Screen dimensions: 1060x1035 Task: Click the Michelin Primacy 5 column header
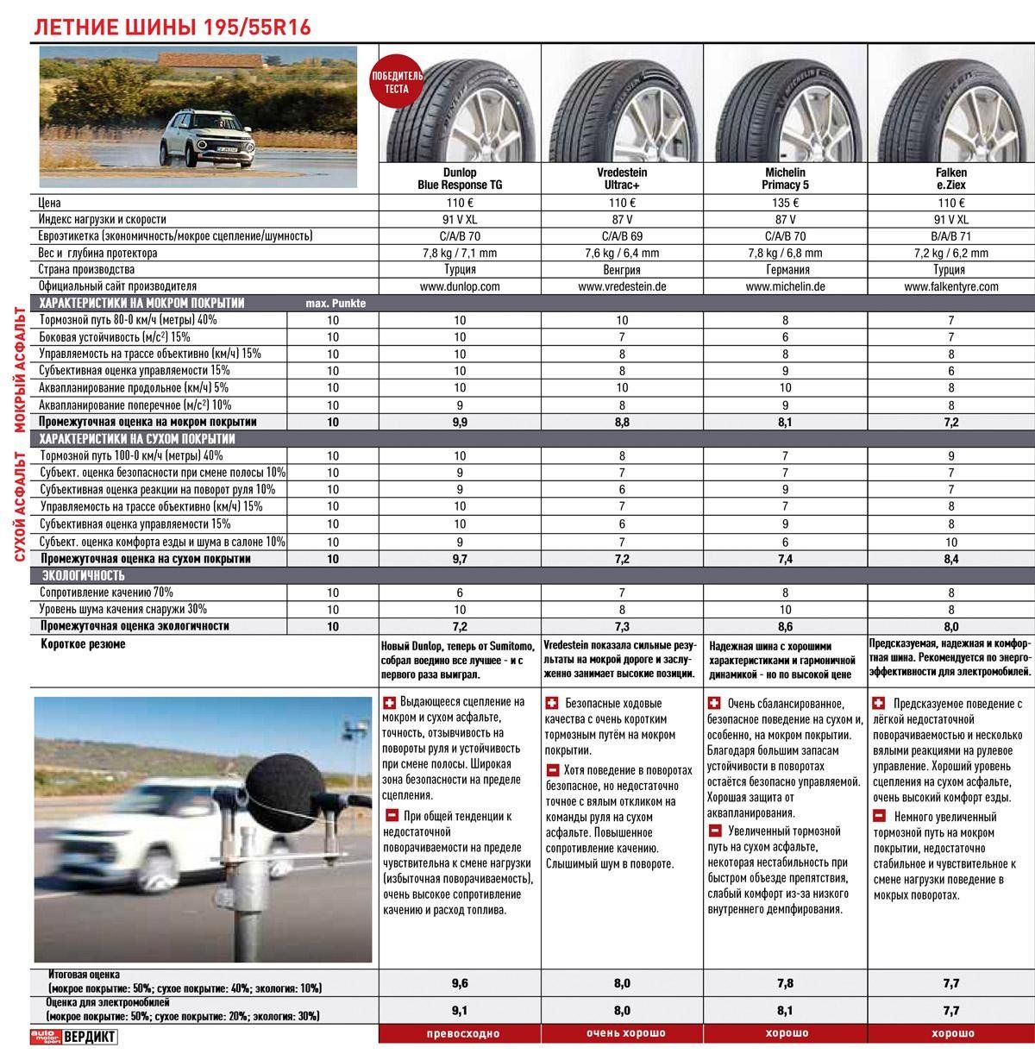[x=784, y=179]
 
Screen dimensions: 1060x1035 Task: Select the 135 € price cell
[x=784, y=204]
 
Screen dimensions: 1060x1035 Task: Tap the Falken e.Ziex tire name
[x=950, y=179]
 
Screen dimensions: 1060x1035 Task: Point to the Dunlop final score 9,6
[x=460, y=983]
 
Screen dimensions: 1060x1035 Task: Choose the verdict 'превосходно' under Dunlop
[x=460, y=1033]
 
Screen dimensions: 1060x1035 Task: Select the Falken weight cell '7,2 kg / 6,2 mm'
[x=950, y=254]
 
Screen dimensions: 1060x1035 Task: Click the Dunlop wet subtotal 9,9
[x=460, y=423]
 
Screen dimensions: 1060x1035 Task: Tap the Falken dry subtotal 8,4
[x=950, y=559]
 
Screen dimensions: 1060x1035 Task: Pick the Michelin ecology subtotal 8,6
[x=784, y=627]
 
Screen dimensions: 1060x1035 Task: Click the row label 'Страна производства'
[x=86, y=270]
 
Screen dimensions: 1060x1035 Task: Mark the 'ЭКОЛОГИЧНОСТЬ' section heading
[x=82, y=575]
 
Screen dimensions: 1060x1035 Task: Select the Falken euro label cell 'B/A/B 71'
[x=950, y=236]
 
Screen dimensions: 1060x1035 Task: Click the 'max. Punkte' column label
[x=336, y=304]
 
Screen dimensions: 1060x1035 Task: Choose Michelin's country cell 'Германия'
[x=784, y=270]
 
